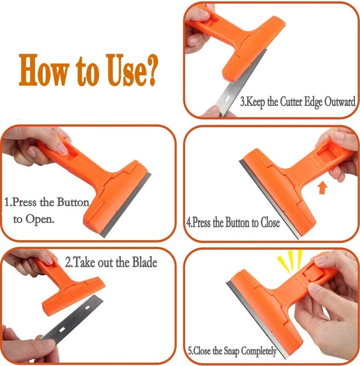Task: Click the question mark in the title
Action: coord(150,71)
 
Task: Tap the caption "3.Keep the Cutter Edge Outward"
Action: coord(297,101)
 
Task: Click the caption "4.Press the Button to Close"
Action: coord(233,222)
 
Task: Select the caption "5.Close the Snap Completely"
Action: coord(232,351)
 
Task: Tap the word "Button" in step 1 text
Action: coord(72,202)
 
